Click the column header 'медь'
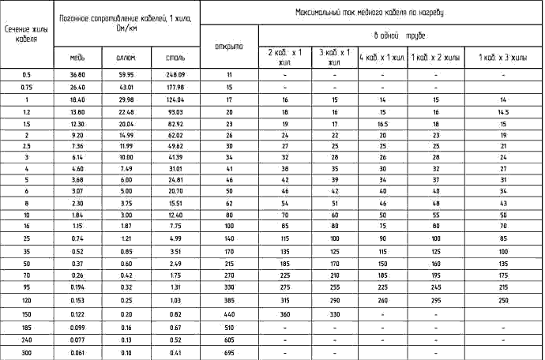coord(77,58)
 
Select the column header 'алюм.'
coord(126,58)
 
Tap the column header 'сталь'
coord(175,58)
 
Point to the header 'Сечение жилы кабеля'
coord(26,34)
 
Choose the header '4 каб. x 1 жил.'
coord(381,58)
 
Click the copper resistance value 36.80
coord(77,74)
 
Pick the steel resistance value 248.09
coord(175,74)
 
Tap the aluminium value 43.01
coord(126,87)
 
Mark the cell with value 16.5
coord(381,125)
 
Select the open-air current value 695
coord(228,351)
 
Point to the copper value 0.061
coord(77,351)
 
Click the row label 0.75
coord(26,87)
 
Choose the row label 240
coord(26,339)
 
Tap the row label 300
coord(26,351)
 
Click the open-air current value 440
coord(228,313)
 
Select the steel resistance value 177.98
coord(175,87)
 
